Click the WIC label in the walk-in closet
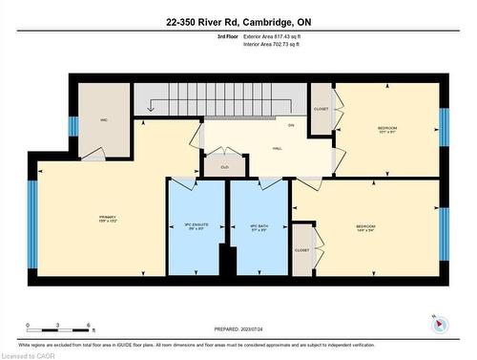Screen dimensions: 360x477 (103, 120)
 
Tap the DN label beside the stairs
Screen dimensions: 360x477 (291, 126)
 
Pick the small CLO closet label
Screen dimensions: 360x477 (225, 166)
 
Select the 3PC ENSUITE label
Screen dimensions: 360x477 (195, 226)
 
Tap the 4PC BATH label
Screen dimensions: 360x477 (259, 226)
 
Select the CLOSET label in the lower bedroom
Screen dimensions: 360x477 (301, 249)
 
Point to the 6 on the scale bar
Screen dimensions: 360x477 (89, 326)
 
